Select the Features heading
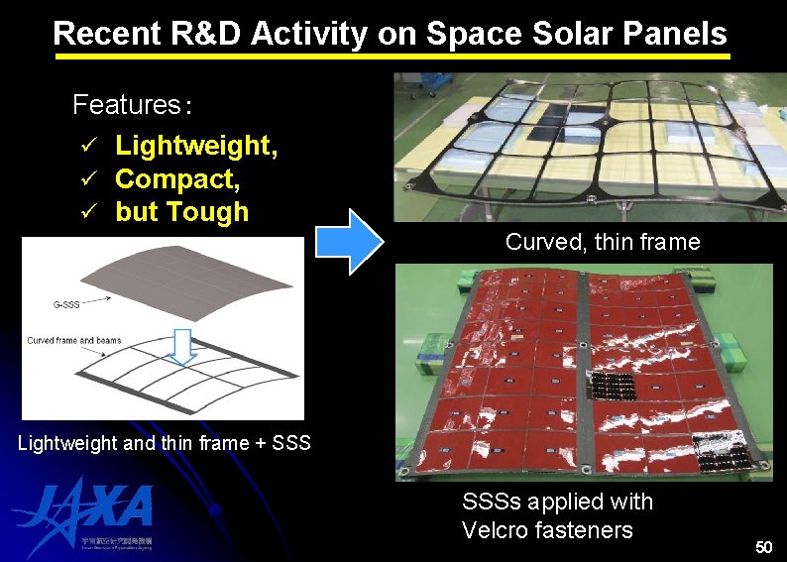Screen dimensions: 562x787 tap(130, 105)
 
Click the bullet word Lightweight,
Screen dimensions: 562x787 tap(196, 146)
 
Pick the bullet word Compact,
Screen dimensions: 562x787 tap(177, 179)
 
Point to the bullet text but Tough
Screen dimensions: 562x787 tap(181, 212)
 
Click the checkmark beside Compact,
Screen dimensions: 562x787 tap(87, 179)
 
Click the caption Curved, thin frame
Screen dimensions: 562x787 tap(602, 242)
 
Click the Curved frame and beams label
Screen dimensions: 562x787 tap(74, 340)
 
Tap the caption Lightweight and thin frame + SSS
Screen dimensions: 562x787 tap(165, 443)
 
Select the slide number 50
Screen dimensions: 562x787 tap(762, 547)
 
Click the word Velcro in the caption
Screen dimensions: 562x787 tap(495, 530)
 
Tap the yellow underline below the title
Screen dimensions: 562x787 tap(392, 57)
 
